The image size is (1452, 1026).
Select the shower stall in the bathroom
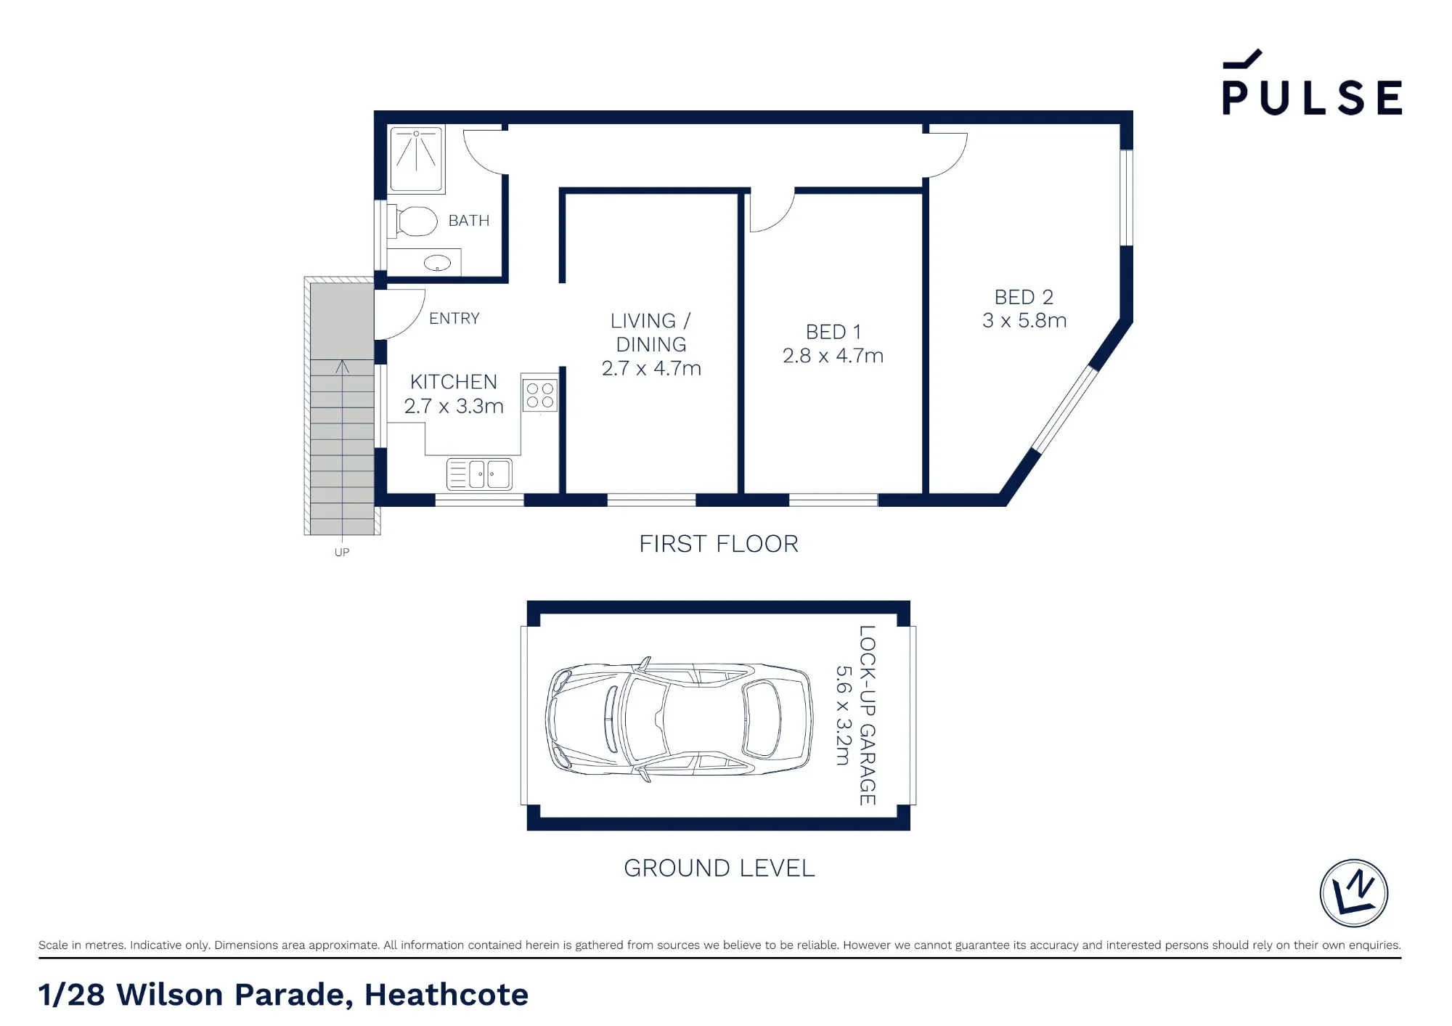[416, 160]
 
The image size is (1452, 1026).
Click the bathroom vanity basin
[437, 262]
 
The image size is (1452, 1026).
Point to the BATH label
[469, 221]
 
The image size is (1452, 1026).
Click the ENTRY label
[454, 318]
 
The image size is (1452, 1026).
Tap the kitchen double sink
[479, 474]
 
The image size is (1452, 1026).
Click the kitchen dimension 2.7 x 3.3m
[454, 406]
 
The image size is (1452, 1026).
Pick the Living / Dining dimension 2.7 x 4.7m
[651, 368]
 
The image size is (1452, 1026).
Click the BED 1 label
[833, 332]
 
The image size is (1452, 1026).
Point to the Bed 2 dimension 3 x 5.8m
[1024, 320]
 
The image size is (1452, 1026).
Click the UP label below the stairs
[342, 552]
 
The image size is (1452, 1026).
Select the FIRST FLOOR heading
[719, 544]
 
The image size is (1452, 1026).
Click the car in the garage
[679, 720]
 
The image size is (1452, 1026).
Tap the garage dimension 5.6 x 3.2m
[842, 715]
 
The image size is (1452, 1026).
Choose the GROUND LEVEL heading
[719, 868]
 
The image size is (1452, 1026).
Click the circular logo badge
[1353, 893]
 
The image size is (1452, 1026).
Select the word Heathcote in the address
[446, 995]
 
